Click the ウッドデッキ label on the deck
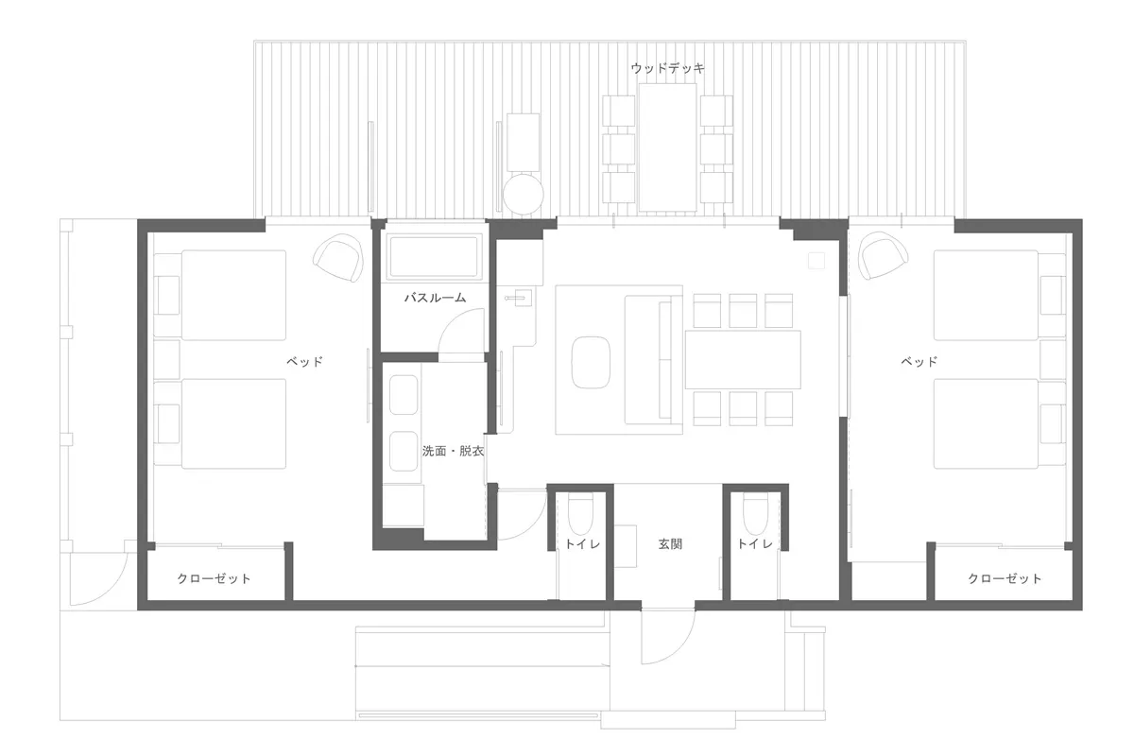667,68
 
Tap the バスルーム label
435,298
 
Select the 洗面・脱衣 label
453,452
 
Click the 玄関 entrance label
671,544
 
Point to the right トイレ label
755,544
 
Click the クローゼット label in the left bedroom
215,578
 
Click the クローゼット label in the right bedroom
1005,578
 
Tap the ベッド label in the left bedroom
305,361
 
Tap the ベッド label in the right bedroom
919,361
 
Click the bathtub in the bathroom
436,257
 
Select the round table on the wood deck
523,194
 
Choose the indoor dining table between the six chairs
743,359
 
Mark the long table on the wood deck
667,148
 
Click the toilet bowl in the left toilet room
580,516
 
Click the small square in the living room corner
815,259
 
